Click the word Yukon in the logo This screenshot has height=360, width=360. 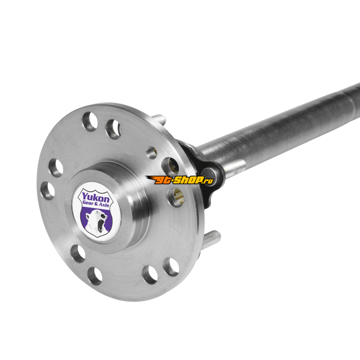96,198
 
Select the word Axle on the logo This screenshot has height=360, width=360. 104,205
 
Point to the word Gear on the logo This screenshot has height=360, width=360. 88,203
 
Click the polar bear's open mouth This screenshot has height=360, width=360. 100,225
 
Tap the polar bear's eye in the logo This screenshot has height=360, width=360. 102,216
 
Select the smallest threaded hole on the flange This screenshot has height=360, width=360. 152,153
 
